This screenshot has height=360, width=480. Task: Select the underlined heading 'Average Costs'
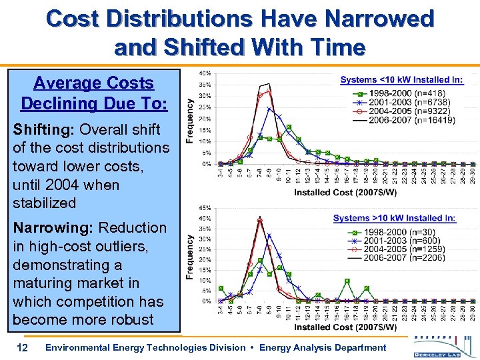click(x=93, y=83)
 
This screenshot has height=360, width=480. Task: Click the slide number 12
click(x=22, y=347)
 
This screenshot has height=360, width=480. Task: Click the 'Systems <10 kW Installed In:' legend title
click(x=401, y=80)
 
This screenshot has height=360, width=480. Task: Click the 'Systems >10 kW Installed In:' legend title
click(x=395, y=218)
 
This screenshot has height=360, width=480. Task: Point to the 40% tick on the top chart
click(x=207, y=73)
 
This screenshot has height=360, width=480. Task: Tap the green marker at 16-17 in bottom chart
click(x=347, y=281)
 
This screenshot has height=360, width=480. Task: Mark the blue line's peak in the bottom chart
click(x=269, y=235)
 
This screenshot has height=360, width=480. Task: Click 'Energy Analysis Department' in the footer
click(x=323, y=347)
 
